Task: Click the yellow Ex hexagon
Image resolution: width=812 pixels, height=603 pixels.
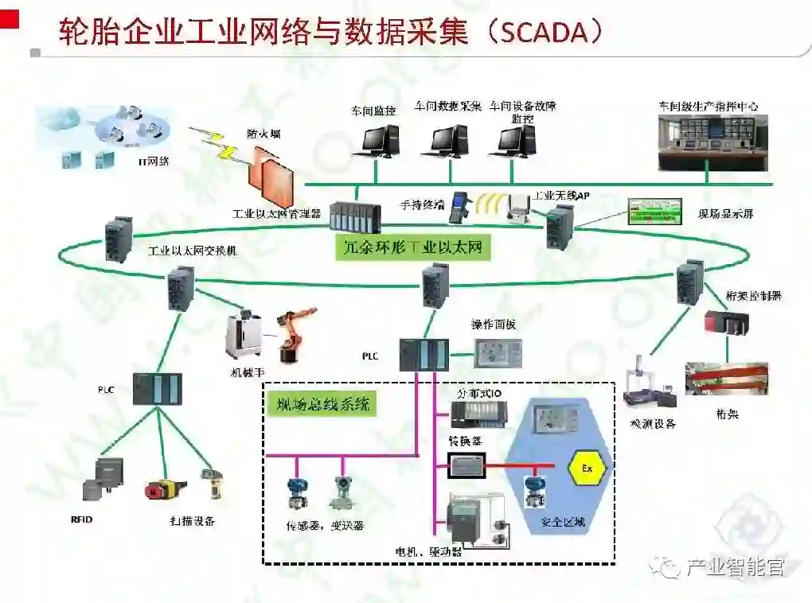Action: (587, 468)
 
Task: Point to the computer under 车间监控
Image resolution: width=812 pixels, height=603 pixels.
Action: (375, 142)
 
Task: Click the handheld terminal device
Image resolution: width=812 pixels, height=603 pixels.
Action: (461, 207)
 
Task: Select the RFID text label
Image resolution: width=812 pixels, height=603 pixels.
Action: (82, 520)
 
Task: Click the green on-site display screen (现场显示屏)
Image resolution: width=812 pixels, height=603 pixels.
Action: (654, 211)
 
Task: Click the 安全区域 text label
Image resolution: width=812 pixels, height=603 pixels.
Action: (563, 523)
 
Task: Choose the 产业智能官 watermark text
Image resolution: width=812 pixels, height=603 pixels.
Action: (735, 567)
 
